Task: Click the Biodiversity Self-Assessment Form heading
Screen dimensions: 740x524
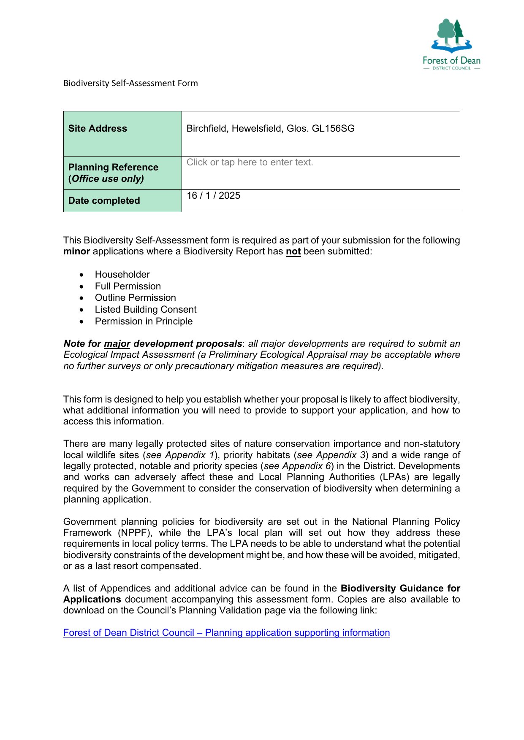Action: click(130, 83)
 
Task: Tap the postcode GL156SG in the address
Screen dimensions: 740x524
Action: click(333, 129)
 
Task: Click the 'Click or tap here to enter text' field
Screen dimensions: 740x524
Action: click(250, 162)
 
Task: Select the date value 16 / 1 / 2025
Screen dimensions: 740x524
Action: click(213, 196)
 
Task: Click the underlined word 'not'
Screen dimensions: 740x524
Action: click(293, 252)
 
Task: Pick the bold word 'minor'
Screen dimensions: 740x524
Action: click(76, 251)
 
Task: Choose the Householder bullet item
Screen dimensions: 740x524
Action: click(122, 274)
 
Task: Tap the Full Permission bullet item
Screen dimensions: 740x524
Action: click(128, 286)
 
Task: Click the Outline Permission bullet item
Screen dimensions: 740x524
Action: click(135, 298)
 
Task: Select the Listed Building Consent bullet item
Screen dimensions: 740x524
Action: click(146, 310)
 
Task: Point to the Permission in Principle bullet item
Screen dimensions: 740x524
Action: click(144, 321)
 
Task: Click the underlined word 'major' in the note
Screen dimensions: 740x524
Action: click(117, 344)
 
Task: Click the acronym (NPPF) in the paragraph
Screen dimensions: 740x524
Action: click(135, 533)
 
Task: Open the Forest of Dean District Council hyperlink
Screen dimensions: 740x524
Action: click(226, 633)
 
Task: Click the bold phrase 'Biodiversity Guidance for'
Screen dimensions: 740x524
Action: click(400, 589)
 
